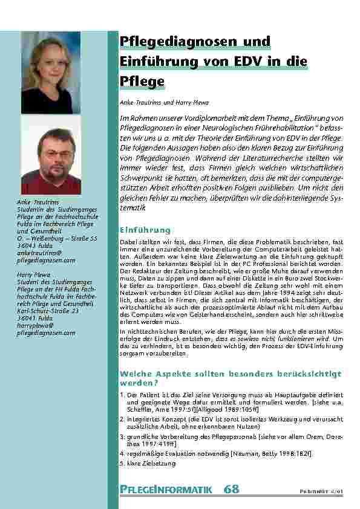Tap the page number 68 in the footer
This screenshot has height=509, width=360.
click(232, 489)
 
